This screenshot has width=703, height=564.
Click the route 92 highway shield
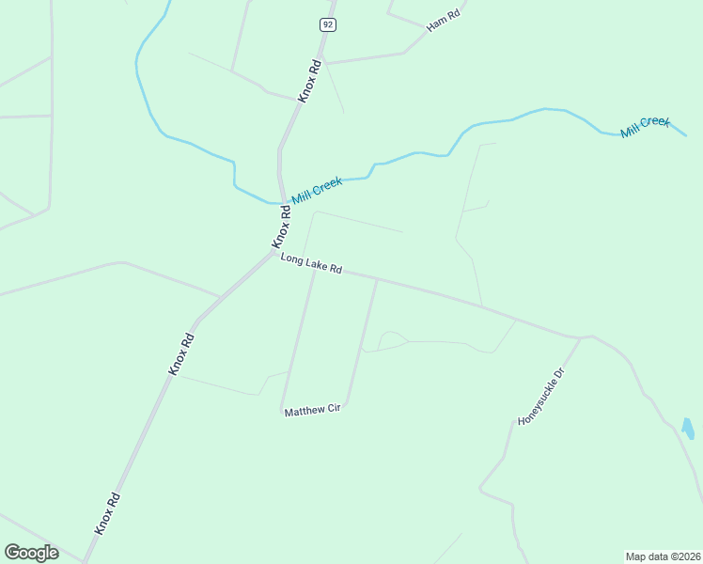[x=327, y=25]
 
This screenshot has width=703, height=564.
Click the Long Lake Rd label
[x=310, y=263]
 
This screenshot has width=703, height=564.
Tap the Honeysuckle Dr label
[x=543, y=397]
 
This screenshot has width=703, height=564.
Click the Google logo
[x=31, y=553]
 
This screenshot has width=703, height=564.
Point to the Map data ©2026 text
[x=663, y=556]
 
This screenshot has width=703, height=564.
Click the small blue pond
[x=688, y=429]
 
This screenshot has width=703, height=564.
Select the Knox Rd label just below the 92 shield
[x=310, y=81]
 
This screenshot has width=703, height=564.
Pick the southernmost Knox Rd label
[x=107, y=513]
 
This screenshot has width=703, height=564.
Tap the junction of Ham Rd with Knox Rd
[x=324, y=63]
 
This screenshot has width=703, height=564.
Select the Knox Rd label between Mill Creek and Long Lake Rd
[x=283, y=227]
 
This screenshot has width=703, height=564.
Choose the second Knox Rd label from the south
[x=181, y=354]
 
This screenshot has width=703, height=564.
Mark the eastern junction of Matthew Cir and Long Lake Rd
[x=377, y=278]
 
